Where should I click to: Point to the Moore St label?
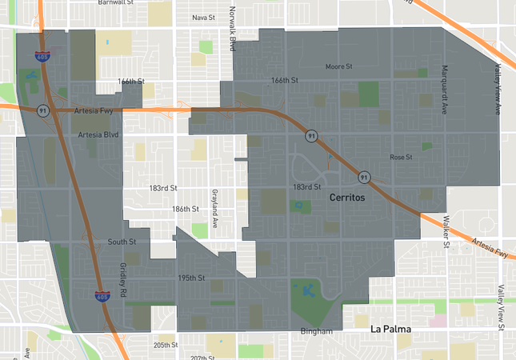tap(339, 66)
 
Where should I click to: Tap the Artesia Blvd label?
tap(98, 135)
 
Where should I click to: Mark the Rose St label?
tap(400, 157)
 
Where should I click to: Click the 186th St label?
tap(185, 209)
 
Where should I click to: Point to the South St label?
tap(122, 241)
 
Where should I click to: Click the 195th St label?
tap(192, 278)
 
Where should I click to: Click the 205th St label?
tap(166, 345)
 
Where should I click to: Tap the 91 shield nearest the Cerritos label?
tap(364, 176)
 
